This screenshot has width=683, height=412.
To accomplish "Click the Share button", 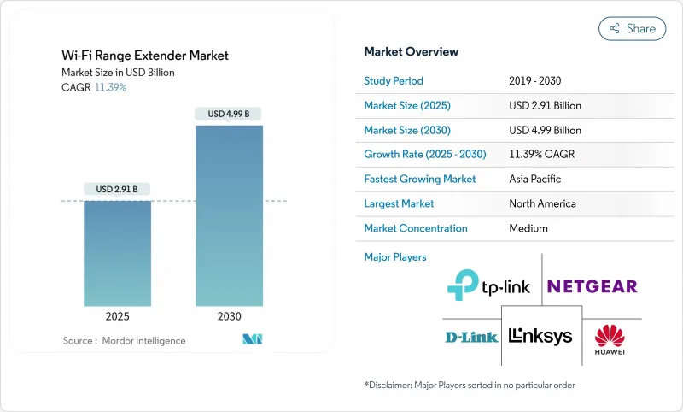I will click(x=633, y=28).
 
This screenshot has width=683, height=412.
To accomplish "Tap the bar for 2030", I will click(x=229, y=215).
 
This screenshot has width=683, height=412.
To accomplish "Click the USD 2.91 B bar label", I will click(x=117, y=189).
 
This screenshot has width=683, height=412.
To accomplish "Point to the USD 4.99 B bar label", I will click(x=229, y=114).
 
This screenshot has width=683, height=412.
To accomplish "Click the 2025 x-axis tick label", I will click(x=117, y=316).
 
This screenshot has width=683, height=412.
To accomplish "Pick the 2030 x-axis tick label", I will click(x=229, y=316).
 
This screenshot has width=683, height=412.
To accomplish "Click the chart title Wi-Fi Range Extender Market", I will click(x=145, y=56).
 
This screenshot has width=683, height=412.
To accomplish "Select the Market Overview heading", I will click(x=411, y=51).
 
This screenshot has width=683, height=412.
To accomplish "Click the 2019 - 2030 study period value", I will click(x=536, y=81).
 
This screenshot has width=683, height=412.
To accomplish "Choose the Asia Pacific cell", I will click(x=535, y=180).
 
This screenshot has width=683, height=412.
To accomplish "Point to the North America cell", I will click(x=542, y=203).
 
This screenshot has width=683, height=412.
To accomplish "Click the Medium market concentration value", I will click(x=528, y=228).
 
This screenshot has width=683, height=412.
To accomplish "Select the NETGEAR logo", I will click(x=592, y=286).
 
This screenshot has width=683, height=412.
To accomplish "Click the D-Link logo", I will click(x=470, y=337).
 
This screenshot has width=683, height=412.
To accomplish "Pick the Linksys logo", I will click(x=540, y=337).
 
